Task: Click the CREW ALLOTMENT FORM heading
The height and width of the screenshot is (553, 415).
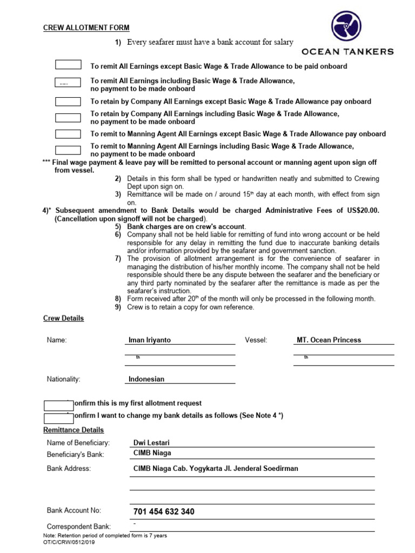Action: (x=86, y=28)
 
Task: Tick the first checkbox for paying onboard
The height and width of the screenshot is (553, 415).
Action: (x=68, y=65)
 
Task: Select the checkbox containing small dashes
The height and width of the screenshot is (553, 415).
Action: (x=68, y=83)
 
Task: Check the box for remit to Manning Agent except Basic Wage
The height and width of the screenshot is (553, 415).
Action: (x=68, y=134)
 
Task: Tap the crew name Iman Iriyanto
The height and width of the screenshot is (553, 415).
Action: (x=150, y=340)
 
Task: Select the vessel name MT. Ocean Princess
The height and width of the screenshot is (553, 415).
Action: (x=329, y=340)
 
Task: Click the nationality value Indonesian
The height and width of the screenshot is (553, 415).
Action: (x=146, y=379)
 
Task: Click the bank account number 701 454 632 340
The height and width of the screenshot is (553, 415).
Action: (x=164, y=511)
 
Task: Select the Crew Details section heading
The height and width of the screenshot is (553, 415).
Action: (x=63, y=319)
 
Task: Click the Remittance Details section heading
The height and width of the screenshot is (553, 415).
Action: (x=73, y=430)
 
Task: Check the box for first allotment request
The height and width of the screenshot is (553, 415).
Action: (x=58, y=405)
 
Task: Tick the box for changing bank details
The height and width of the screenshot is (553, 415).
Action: (x=58, y=418)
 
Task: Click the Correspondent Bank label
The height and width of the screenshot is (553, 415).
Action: (x=79, y=527)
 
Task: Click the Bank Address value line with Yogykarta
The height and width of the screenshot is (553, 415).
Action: (x=216, y=469)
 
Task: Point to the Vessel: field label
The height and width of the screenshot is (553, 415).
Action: (x=256, y=340)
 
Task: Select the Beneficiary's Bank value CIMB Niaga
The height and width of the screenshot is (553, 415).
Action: (x=152, y=453)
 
